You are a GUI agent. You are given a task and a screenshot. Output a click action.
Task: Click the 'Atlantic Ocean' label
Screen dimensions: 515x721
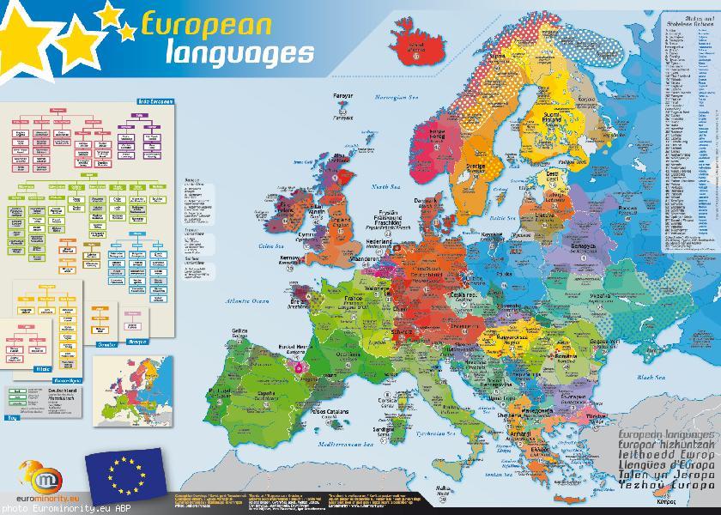(248, 301)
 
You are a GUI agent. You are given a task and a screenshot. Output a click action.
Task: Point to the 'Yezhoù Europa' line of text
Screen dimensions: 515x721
(665, 486)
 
